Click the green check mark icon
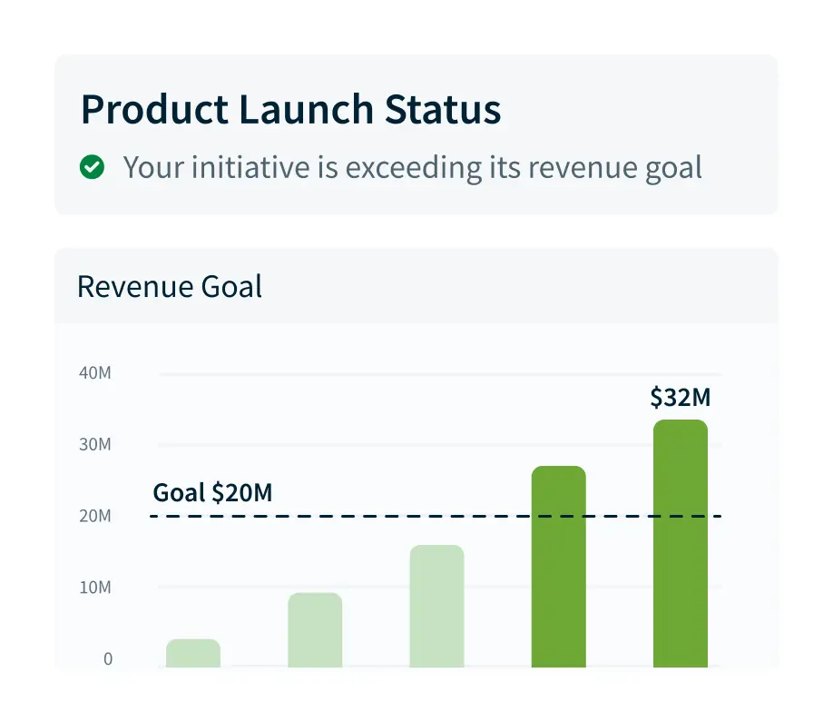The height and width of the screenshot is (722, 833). [92, 167]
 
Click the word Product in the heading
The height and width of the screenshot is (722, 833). [152, 110]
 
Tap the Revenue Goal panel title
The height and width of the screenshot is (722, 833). [170, 287]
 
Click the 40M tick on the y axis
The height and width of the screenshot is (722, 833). [94, 373]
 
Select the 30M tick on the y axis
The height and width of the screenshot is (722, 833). [94, 445]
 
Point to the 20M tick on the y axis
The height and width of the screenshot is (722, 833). [94, 517]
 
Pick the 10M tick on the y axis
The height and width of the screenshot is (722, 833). [94, 588]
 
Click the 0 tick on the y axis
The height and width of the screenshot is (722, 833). [108, 659]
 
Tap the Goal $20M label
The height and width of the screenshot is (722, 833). [212, 493]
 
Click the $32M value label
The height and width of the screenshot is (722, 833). [679, 398]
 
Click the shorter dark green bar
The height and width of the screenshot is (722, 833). [559, 567]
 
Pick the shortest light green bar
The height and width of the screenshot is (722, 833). [193, 654]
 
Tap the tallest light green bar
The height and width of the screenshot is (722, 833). [437, 606]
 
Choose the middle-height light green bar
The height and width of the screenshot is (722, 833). [315, 630]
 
